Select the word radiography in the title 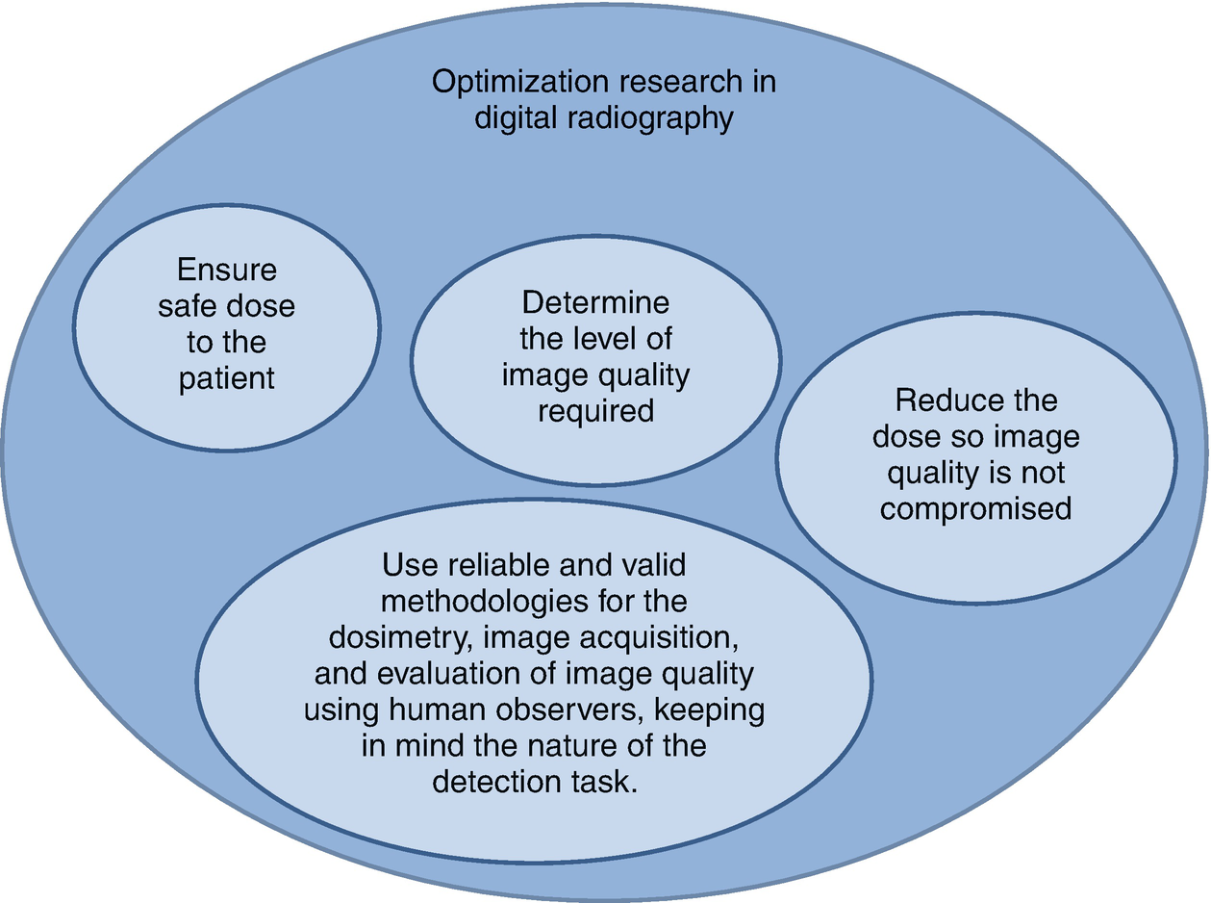[654, 118]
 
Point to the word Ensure [227, 270]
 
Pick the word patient [227, 378]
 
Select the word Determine [595, 302]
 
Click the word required [595, 411]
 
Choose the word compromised [975, 508]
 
